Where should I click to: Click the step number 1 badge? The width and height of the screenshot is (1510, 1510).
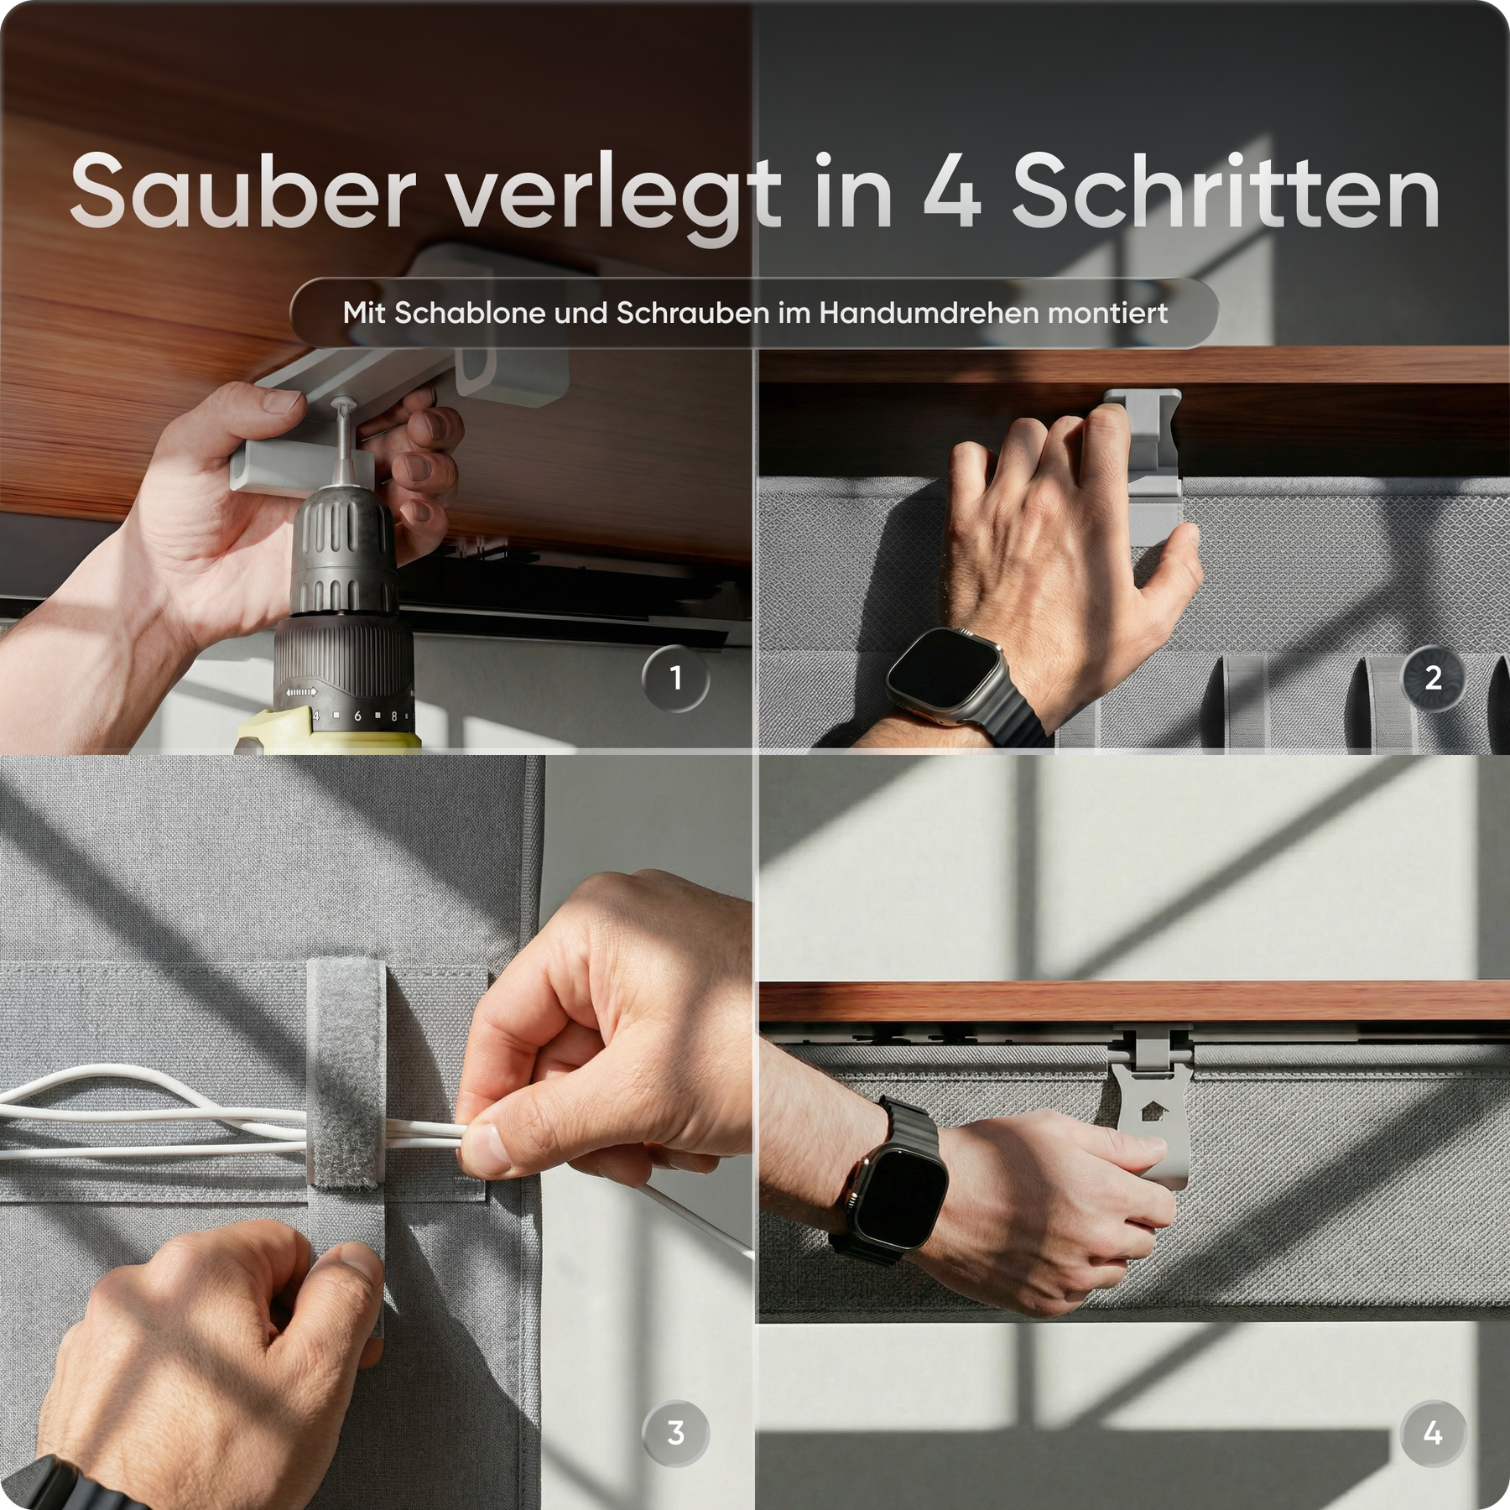675,678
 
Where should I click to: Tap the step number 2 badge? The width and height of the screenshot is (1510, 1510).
1433,678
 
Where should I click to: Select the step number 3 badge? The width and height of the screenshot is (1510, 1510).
675,1433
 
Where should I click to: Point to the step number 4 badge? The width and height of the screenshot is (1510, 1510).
1433,1433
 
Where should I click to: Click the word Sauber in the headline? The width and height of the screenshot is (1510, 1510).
243,191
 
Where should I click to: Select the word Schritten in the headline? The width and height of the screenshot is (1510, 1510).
1226,191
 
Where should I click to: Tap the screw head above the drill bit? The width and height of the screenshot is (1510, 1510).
344,405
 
